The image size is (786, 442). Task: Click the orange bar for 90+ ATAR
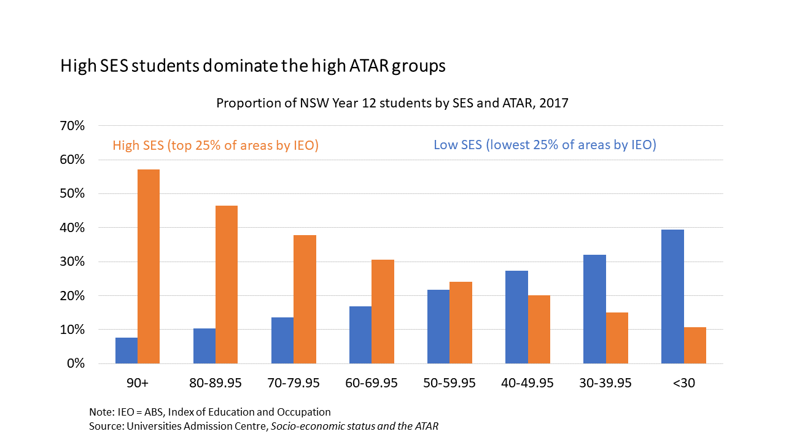[149, 266]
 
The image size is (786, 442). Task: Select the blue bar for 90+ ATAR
[126, 351]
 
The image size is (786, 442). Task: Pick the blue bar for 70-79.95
[282, 340]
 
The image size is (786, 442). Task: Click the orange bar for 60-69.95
[383, 311]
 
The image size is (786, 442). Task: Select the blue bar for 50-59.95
[438, 327]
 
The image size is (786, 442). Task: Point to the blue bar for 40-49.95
[516, 317]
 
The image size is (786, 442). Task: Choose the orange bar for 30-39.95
[617, 338]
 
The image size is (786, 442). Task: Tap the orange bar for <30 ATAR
[695, 345]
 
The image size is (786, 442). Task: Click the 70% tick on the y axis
[72, 126]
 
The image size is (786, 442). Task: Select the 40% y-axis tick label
[72, 228]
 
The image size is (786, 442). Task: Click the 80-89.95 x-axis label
[216, 383]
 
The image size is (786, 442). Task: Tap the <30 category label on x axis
[683, 383]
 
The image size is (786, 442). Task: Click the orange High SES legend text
[215, 145]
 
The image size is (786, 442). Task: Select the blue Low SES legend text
[545, 145]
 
